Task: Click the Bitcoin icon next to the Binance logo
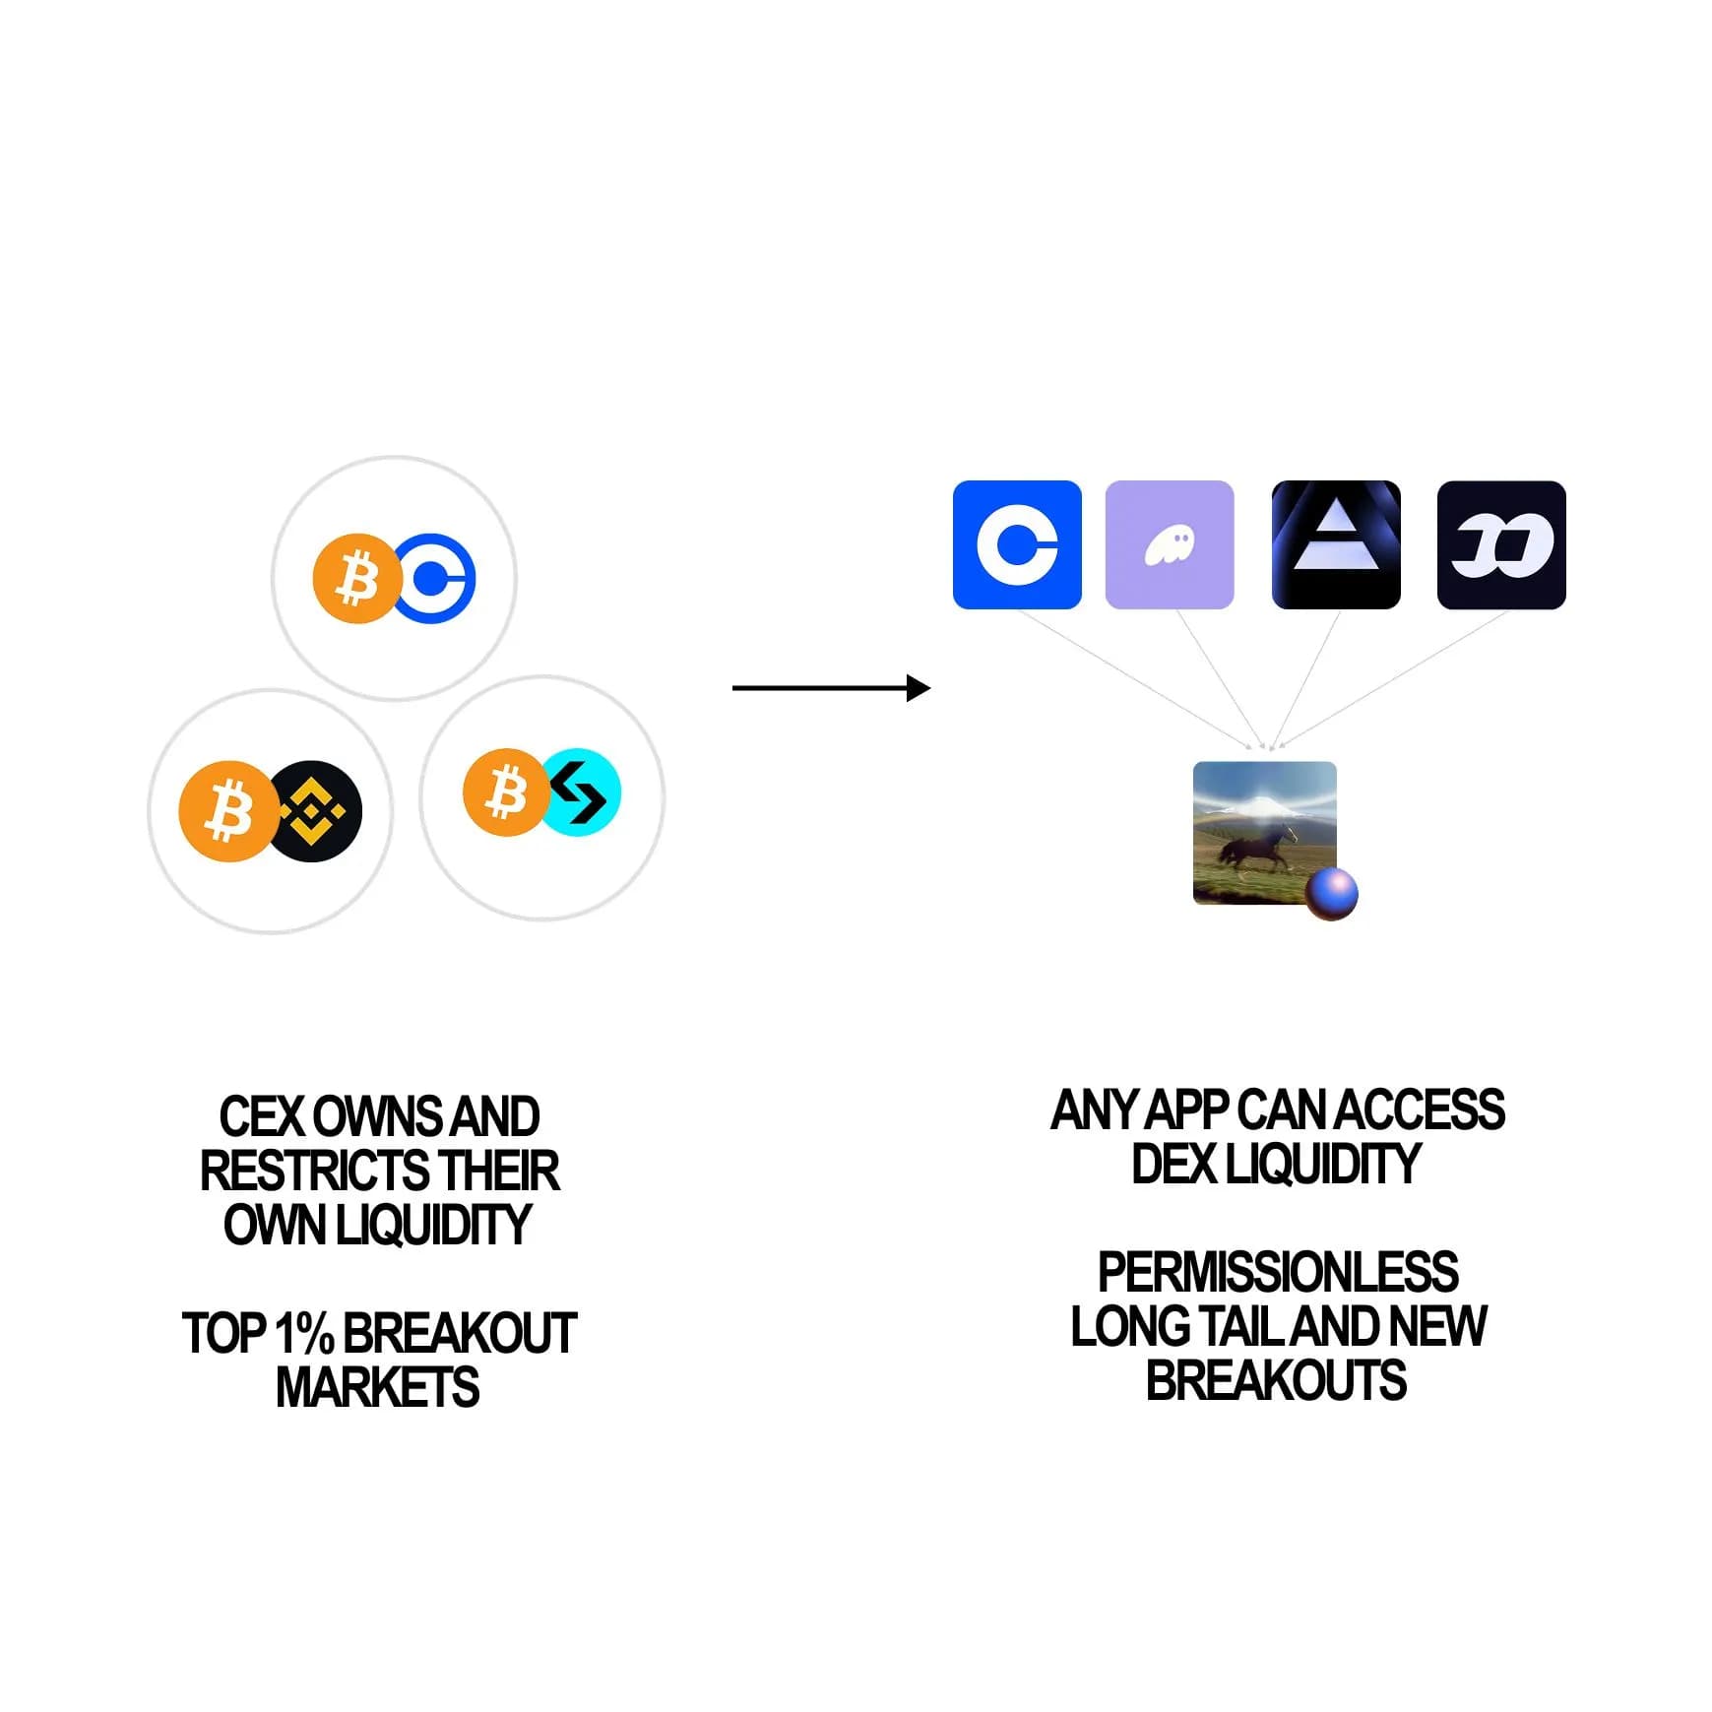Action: pos(226,811)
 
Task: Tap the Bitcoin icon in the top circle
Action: pos(355,579)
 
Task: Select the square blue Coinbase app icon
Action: pos(1017,544)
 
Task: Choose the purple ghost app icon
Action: pos(1170,544)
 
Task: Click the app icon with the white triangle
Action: pos(1335,544)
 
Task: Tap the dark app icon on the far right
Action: pos(1501,544)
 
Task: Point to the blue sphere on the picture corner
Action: pos(1332,893)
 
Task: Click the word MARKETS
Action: pos(377,1387)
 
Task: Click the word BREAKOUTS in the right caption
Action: pos(1276,1379)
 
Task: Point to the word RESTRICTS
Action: pos(314,1171)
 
